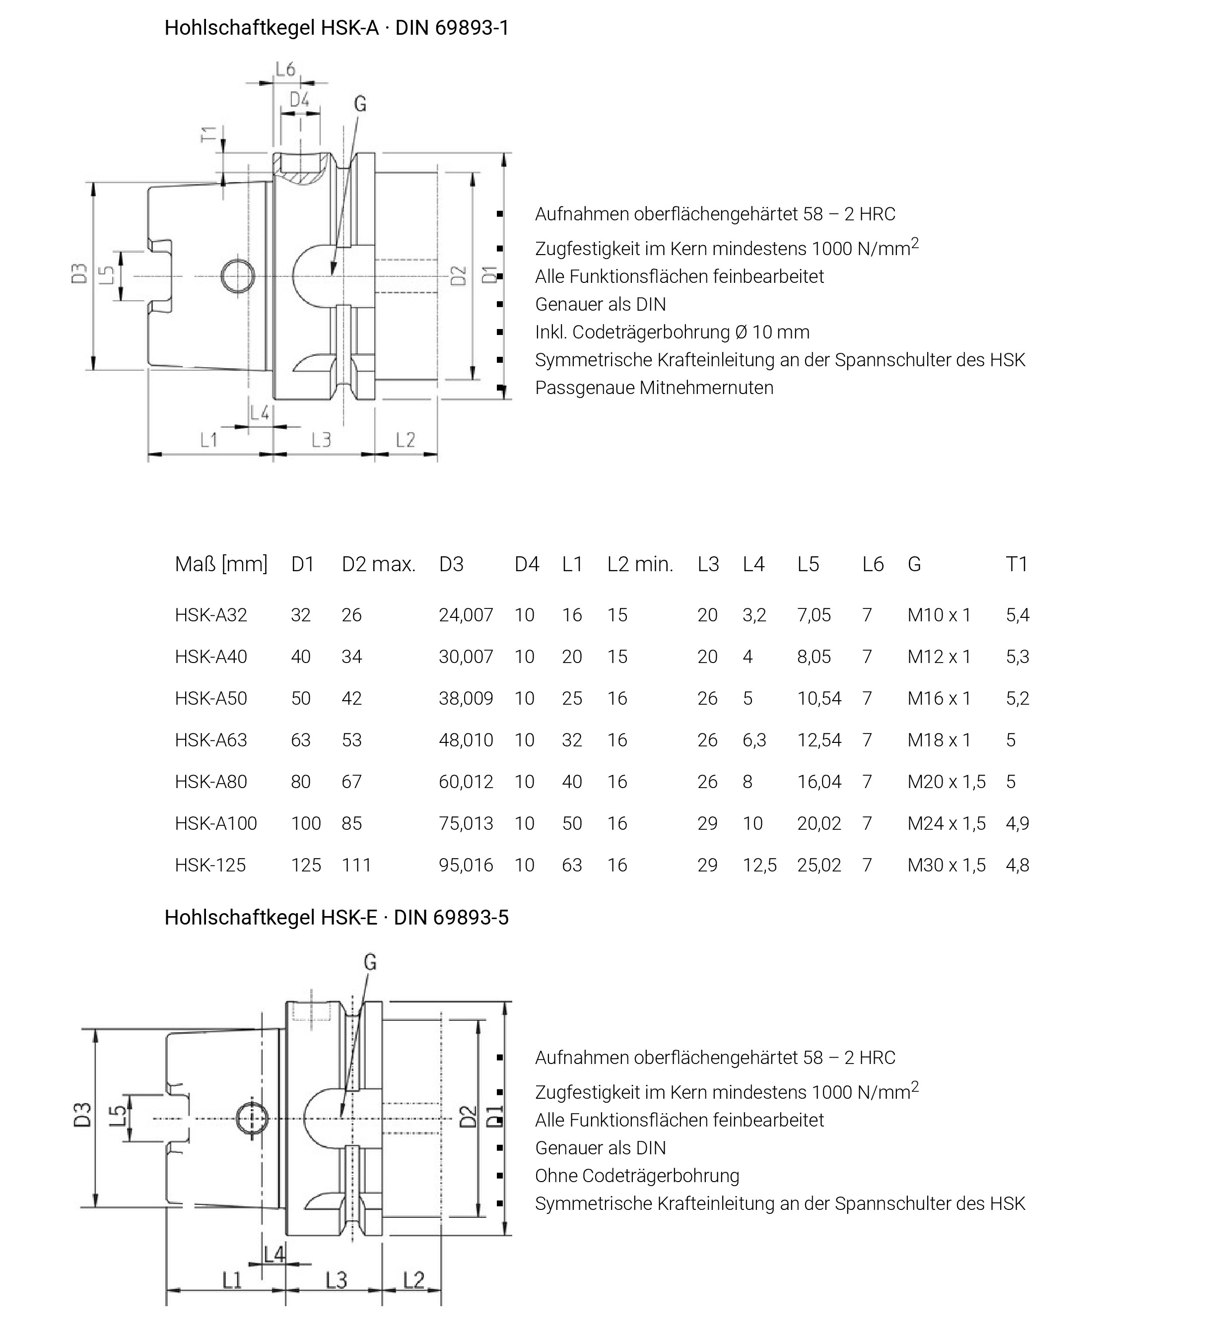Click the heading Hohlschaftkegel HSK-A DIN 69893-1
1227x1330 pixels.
pos(336,28)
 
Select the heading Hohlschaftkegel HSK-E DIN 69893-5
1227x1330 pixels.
pos(336,917)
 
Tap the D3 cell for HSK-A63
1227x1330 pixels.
pos(466,740)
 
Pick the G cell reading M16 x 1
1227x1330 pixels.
pos(939,698)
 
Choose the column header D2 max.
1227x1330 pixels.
pos(378,565)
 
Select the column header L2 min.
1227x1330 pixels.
pos(640,565)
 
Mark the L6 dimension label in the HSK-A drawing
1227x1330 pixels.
pos(285,69)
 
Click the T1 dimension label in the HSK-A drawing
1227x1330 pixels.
pos(208,134)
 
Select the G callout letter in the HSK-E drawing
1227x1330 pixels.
pos(370,962)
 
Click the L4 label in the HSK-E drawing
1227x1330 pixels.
pos(274,1254)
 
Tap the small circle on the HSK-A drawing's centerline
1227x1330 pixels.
pos(238,276)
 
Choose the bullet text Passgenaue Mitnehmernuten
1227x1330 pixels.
pos(654,388)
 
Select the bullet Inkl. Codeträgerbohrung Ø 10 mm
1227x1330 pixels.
pos(672,332)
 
